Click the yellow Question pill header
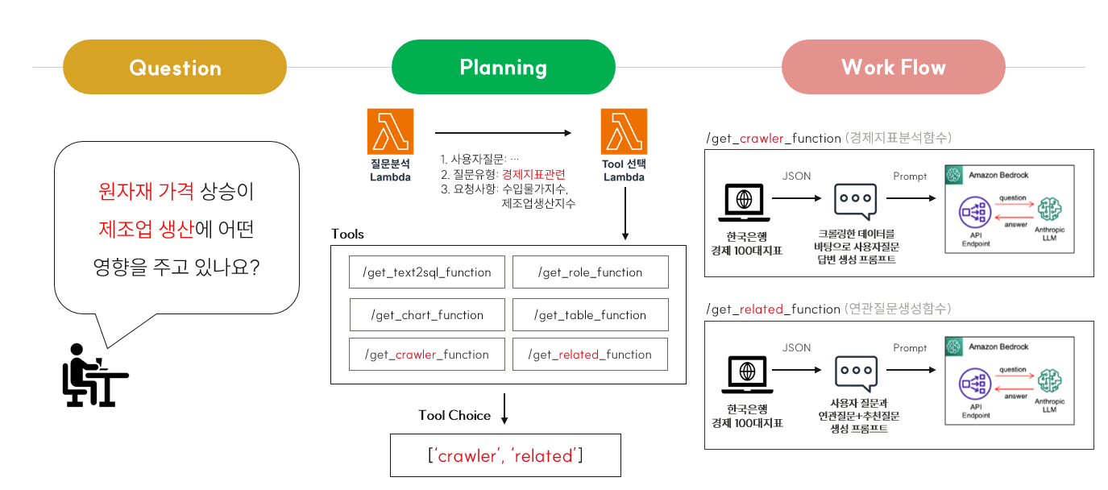(175, 68)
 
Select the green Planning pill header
(503, 68)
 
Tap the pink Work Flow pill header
(893, 68)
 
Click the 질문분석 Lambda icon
(390, 132)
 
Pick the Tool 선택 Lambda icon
(624, 132)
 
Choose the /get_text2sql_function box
(427, 272)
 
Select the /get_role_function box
(590, 272)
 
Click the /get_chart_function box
(427, 315)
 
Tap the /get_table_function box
(590, 315)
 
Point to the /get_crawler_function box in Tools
(427, 355)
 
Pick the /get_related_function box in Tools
(590, 355)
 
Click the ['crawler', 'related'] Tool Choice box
(505, 455)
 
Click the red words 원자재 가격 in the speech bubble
(146, 192)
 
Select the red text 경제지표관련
(533, 174)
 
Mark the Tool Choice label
(454, 416)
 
